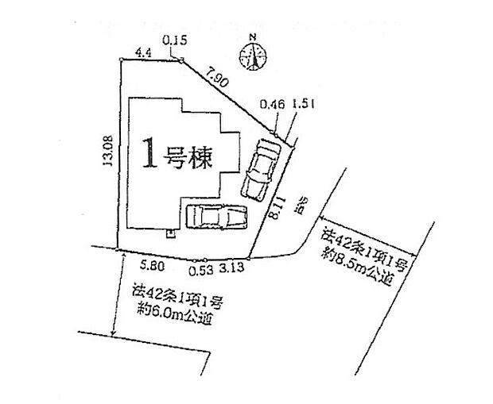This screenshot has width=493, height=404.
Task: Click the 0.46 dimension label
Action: pos(274,104)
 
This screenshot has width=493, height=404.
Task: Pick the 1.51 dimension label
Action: pos(301,104)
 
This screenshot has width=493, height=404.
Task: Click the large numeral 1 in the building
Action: pos(148,156)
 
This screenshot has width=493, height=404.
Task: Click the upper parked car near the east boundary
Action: pos(259,171)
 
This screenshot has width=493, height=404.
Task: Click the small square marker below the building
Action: pos(169,234)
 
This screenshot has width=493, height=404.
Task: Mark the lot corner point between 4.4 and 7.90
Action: pos(181,60)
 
